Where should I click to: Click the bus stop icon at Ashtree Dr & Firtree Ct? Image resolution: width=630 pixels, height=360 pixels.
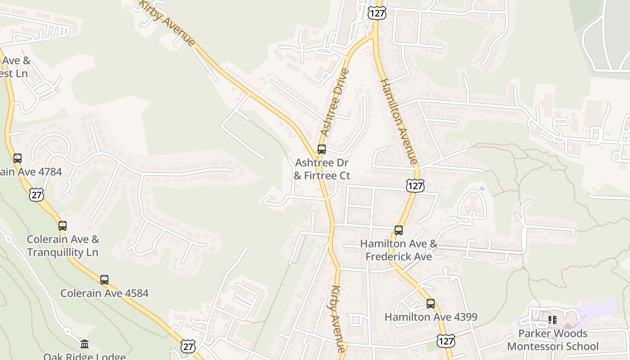click(322, 149)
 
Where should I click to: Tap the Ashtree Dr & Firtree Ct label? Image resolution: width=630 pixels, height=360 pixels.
click(322, 169)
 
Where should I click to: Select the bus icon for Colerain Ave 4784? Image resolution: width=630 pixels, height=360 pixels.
click(18, 158)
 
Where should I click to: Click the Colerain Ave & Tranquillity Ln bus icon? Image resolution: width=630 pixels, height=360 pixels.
click(63, 226)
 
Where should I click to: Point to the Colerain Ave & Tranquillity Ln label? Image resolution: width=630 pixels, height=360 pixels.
click(63, 246)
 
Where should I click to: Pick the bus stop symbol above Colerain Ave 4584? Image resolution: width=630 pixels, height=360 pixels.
click(104, 280)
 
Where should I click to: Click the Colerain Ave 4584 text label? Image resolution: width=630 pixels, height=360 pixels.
click(104, 293)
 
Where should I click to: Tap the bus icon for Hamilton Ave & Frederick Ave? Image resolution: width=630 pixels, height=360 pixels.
click(399, 230)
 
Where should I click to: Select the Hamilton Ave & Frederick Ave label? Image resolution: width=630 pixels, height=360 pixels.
click(399, 250)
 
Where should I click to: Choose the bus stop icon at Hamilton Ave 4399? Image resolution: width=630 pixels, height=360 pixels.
click(431, 304)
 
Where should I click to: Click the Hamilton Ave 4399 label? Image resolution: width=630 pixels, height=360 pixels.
click(431, 317)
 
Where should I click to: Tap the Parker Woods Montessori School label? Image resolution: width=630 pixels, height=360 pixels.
click(553, 340)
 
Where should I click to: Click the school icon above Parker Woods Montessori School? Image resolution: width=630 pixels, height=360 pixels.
click(553, 320)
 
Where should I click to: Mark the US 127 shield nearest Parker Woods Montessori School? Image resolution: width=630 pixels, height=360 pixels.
click(446, 341)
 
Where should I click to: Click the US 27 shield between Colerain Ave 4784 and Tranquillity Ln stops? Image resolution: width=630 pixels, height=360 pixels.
click(36, 194)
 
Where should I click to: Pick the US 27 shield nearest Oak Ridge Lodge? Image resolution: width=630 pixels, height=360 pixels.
click(188, 346)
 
